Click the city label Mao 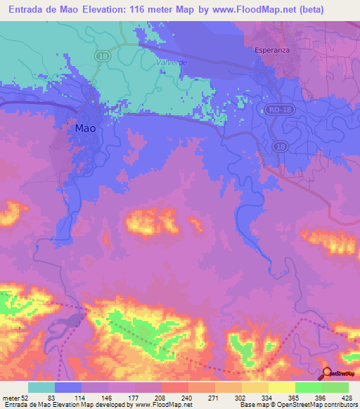85,129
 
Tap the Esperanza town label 272,51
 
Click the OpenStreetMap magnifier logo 327,373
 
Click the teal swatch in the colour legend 41,387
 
